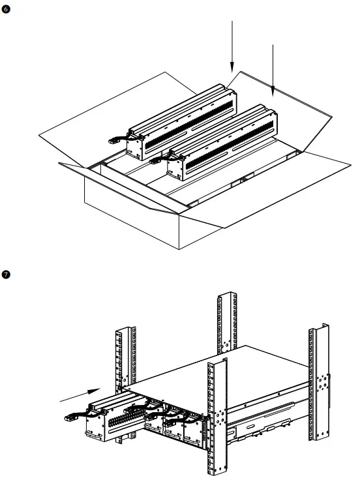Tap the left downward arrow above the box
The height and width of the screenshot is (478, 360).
click(x=232, y=46)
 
